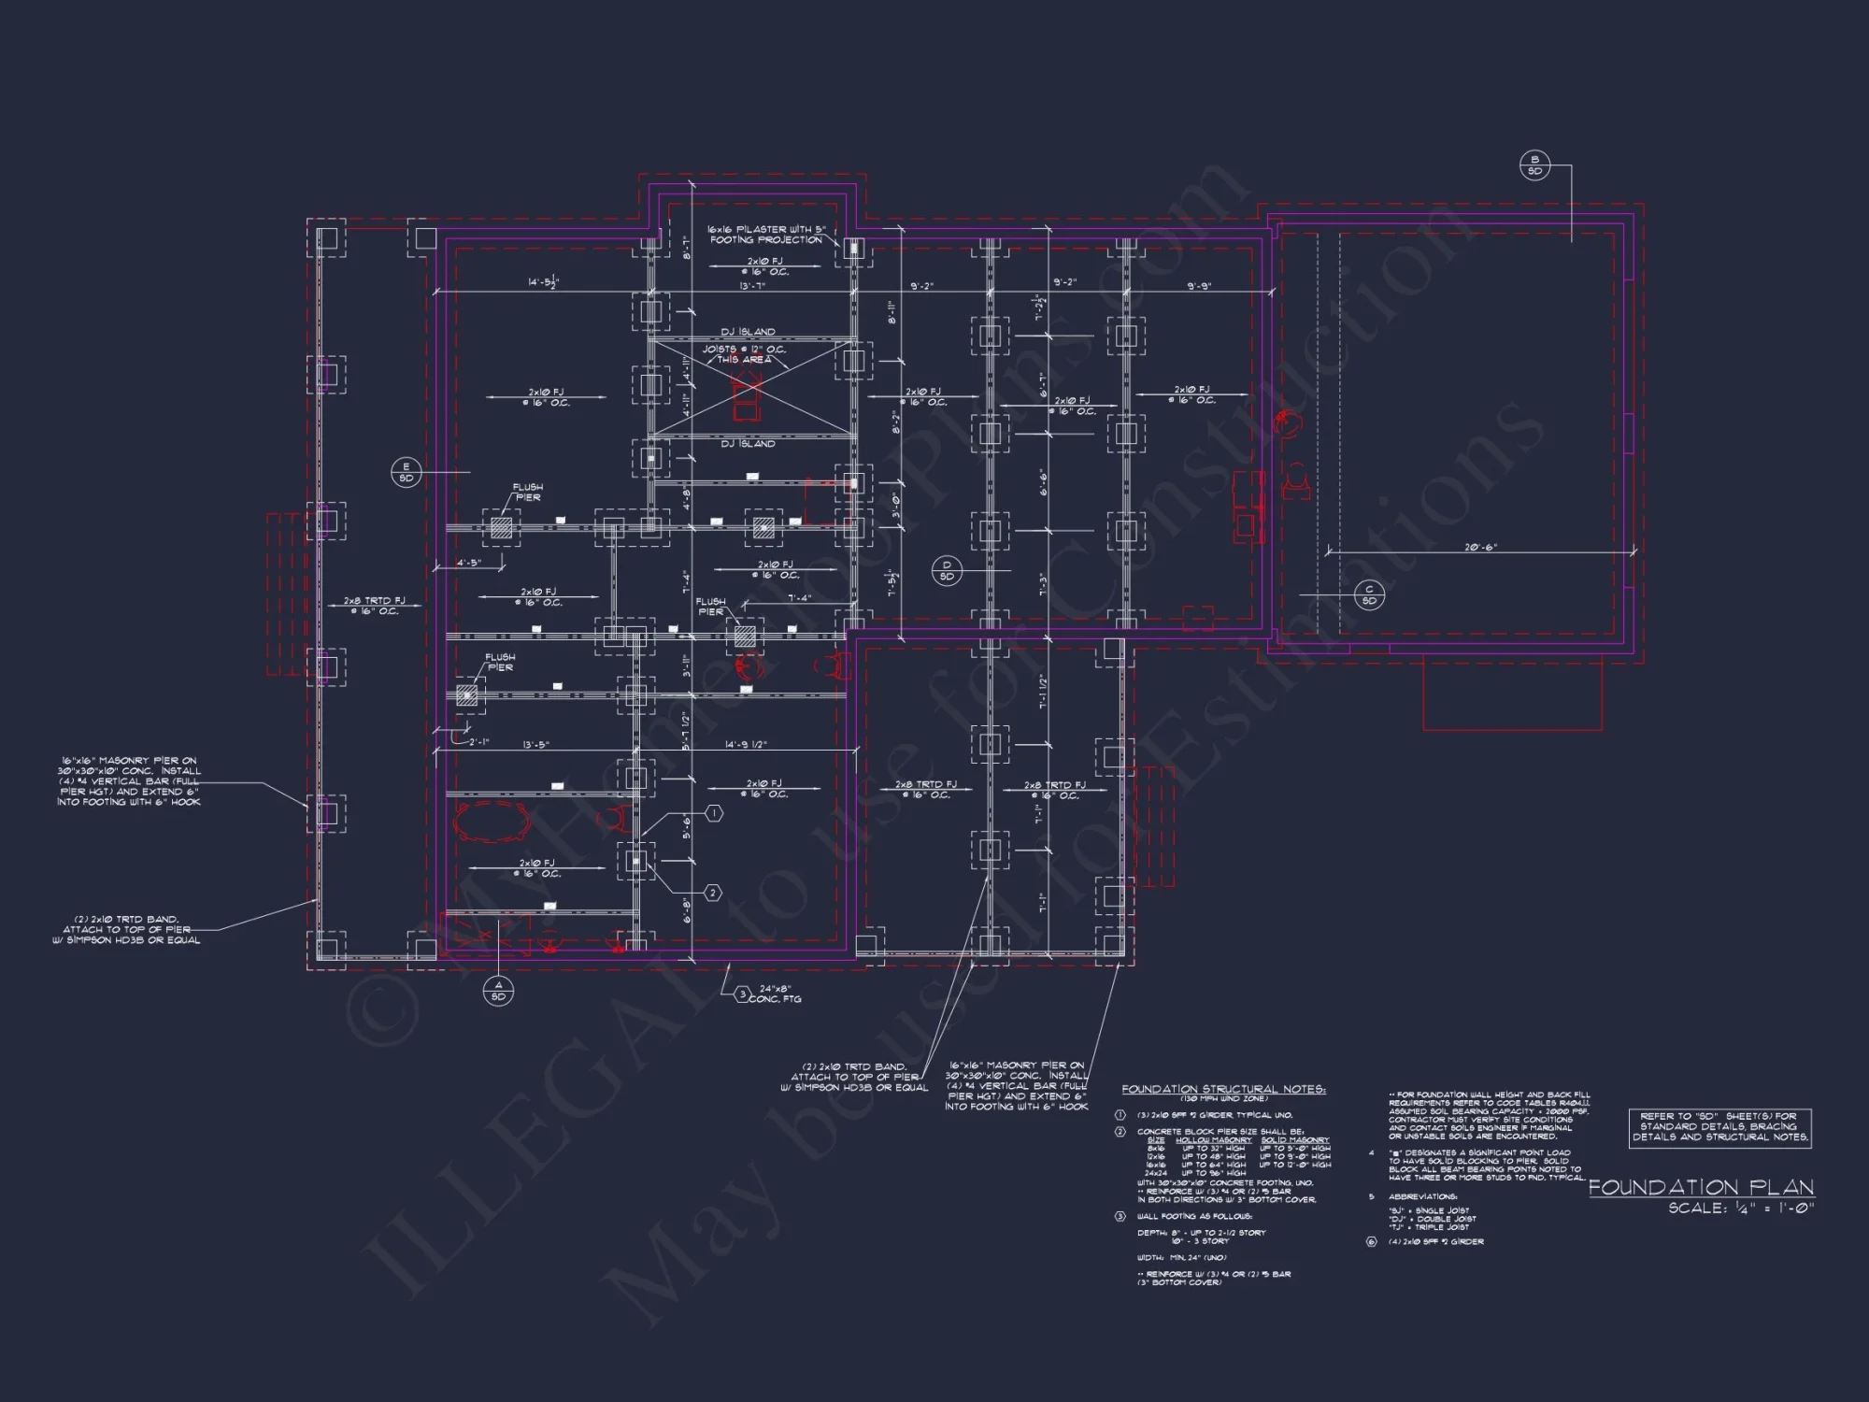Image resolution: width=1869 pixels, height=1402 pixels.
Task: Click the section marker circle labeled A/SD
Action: [498, 991]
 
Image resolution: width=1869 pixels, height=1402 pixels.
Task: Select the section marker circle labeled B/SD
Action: [1534, 165]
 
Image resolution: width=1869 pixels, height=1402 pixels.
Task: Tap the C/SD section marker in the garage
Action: [1369, 594]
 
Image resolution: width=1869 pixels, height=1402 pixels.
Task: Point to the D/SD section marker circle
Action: [947, 570]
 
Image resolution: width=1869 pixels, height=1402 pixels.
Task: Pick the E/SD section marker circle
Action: [406, 472]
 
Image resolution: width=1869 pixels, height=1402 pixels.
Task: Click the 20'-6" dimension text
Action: [1480, 548]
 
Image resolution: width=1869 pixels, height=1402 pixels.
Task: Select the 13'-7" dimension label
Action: [752, 286]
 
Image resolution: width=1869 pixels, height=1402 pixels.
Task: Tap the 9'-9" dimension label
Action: [1199, 286]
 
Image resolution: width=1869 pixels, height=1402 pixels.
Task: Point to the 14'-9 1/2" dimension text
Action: [745, 745]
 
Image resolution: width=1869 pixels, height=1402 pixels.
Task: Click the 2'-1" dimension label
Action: [479, 742]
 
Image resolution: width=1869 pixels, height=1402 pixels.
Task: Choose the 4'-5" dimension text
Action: [468, 564]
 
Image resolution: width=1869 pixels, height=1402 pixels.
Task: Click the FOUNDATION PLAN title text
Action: [1701, 1188]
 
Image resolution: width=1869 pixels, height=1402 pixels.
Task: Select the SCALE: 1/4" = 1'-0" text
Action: [1741, 1209]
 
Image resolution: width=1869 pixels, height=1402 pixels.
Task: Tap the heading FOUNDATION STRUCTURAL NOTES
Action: [1223, 1089]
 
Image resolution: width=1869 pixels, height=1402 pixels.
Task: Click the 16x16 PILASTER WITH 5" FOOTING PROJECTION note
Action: [765, 235]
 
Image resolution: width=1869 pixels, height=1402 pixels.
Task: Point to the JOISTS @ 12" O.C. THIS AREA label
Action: [744, 354]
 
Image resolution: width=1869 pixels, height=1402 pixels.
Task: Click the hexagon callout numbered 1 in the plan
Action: [713, 814]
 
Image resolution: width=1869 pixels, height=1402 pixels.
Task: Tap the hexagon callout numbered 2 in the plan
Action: [712, 894]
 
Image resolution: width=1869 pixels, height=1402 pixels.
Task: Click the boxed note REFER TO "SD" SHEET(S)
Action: [1719, 1127]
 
